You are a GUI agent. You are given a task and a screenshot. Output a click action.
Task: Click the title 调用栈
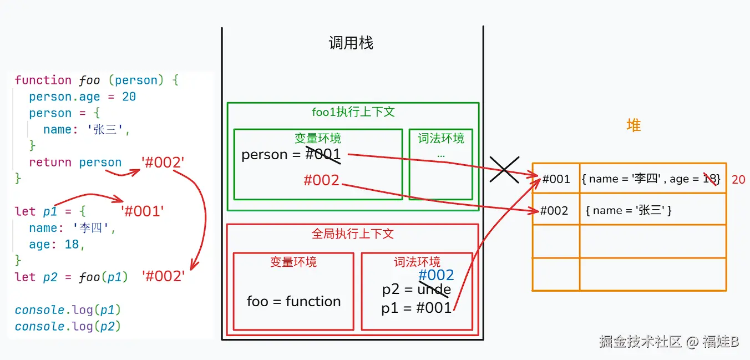click(351, 43)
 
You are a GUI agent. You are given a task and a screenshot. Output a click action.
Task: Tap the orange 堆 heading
click(633, 125)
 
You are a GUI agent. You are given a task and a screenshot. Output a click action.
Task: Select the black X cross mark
click(504, 169)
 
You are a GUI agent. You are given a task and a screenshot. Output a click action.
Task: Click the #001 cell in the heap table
click(556, 179)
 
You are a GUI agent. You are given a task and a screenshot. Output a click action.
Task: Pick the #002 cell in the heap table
click(555, 211)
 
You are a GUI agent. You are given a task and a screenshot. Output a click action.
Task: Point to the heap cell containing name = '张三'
click(629, 211)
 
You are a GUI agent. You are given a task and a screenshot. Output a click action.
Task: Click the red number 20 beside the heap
click(738, 180)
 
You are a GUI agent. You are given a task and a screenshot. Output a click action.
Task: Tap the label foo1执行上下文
click(353, 112)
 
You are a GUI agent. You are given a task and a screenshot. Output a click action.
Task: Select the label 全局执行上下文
click(353, 234)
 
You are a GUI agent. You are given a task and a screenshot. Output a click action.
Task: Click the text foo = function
click(293, 302)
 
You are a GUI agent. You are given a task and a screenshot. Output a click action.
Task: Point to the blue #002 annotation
click(436, 275)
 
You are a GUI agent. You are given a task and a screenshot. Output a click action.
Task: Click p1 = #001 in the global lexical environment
click(417, 308)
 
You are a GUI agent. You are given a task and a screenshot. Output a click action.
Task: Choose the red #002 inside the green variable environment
click(321, 180)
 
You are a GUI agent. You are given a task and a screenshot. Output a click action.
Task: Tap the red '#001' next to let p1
click(143, 211)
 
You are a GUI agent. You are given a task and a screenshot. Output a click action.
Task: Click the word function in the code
click(43, 80)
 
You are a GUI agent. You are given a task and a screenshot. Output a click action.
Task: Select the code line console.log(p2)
click(68, 326)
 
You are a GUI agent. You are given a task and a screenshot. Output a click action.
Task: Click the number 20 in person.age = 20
click(129, 97)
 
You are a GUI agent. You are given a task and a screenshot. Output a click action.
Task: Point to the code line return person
click(75, 163)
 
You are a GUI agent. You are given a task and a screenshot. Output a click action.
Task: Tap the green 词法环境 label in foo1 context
click(441, 138)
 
